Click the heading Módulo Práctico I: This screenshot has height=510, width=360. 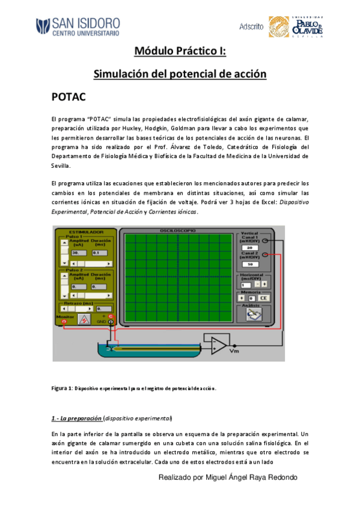pyautogui.click(x=180, y=52)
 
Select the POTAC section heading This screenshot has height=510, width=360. pyautogui.click(x=70, y=97)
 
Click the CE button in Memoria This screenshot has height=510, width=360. pyautogui.click(x=263, y=297)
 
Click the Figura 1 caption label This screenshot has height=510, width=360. pyautogui.click(x=61, y=388)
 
